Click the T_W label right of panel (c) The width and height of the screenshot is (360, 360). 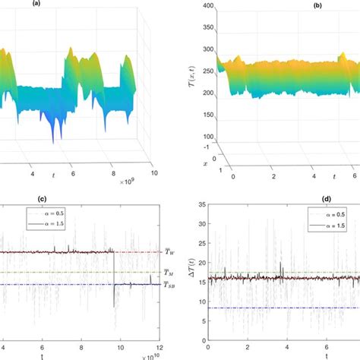coord(167,252)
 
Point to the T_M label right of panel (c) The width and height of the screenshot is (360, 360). coord(167,271)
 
